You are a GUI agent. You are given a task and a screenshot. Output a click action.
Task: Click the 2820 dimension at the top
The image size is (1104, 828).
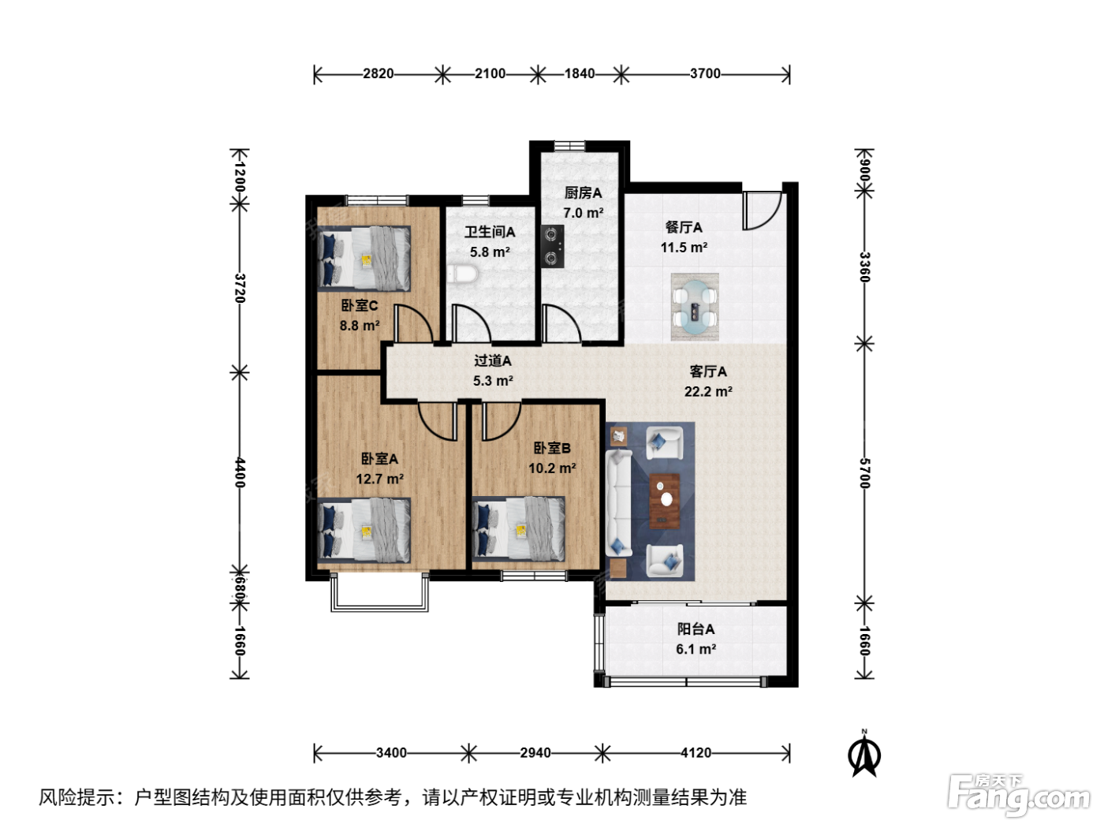(379, 74)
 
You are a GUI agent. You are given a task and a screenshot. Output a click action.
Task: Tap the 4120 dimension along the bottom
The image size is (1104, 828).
(696, 752)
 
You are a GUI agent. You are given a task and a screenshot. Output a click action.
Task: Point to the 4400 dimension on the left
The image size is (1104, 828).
(240, 472)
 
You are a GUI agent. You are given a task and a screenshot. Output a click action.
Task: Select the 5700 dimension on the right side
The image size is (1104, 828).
(864, 473)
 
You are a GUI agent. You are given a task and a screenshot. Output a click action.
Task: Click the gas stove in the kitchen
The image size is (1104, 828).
(552, 246)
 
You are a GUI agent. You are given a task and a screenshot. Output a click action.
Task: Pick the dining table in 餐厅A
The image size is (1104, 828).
(695, 307)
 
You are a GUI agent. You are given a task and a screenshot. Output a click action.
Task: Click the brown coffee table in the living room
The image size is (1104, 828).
(665, 501)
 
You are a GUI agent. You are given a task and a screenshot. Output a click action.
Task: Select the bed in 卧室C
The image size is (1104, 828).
(364, 259)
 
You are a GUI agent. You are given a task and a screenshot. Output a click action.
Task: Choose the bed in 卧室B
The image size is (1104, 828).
(519, 529)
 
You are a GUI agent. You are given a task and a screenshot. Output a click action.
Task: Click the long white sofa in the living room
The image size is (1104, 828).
(618, 503)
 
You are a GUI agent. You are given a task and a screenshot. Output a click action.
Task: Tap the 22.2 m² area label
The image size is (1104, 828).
(708, 391)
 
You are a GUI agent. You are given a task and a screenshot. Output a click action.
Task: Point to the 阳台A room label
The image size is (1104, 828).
(696, 628)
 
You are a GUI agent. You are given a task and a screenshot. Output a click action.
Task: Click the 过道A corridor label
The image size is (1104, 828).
(493, 360)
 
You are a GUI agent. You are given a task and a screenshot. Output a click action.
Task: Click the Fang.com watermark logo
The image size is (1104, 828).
(1019, 794)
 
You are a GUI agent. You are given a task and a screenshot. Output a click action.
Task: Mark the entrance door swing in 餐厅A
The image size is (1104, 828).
(762, 211)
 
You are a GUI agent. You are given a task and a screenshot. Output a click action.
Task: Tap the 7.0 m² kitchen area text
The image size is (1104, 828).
(584, 213)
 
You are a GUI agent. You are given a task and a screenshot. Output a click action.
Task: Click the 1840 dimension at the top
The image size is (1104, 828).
(580, 74)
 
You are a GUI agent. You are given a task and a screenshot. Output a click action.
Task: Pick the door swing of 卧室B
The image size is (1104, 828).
(502, 421)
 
